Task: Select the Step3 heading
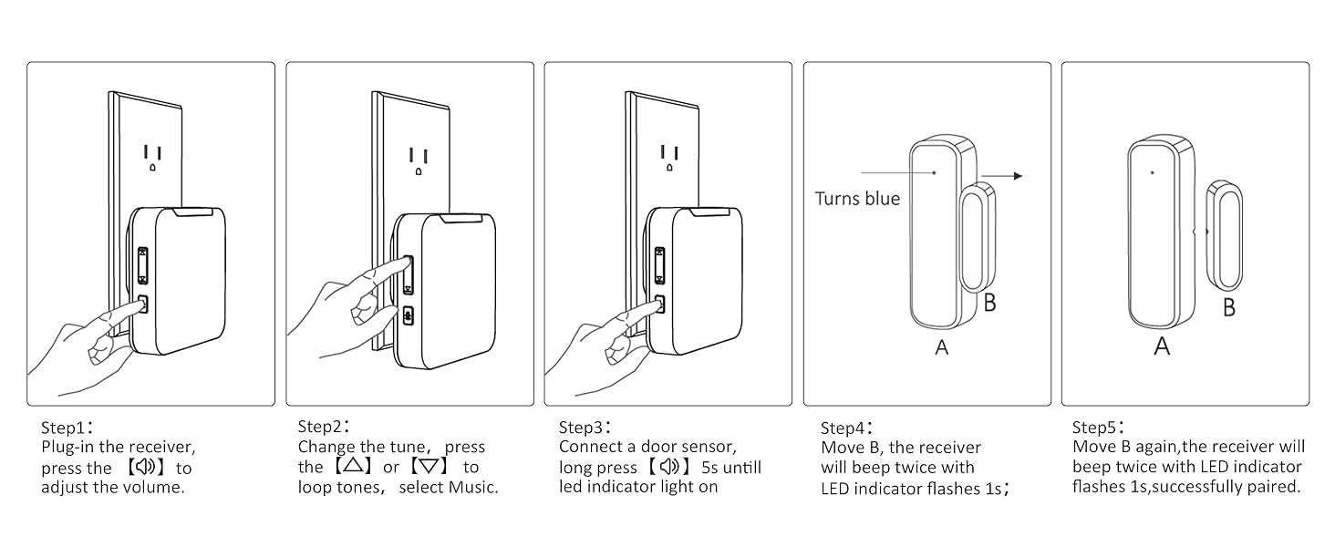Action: [585, 427]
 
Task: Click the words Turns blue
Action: [856, 199]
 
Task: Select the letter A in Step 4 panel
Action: [942, 347]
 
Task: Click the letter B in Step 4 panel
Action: [989, 303]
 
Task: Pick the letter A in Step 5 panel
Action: [1162, 346]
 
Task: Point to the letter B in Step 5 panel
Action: [1229, 307]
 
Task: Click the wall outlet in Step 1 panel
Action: [152, 158]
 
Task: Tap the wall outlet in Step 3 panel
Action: [670, 158]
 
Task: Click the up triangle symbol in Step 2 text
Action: [352, 467]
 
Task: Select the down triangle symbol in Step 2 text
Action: [428, 467]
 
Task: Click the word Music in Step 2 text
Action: [473, 487]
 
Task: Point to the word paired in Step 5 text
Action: [1270, 487]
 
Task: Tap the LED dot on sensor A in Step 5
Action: [1152, 172]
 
